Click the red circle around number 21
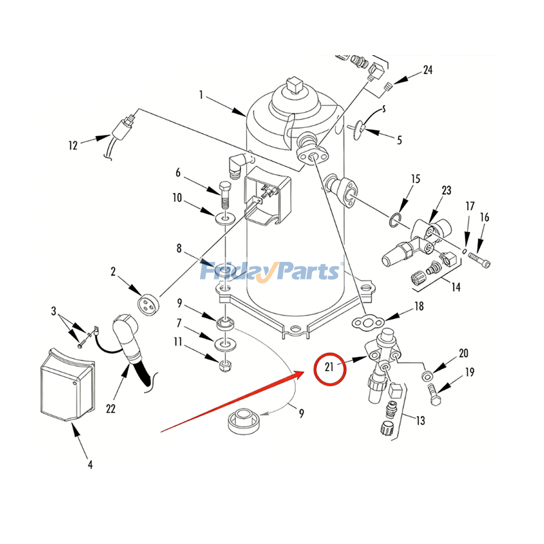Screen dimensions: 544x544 pos(329,369)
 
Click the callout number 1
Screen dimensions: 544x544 pos(201,95)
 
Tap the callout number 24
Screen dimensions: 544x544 pos(428,69)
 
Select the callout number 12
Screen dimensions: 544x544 pos(73,144)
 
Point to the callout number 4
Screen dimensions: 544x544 pos(90,465)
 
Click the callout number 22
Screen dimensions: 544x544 pos(110,409)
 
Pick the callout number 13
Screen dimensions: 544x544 pos(421,421)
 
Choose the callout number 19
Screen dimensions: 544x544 pos(470,372)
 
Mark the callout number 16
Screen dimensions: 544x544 pos(485,217)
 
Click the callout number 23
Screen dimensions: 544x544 pos(446,190)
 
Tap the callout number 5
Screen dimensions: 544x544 pos(399,141)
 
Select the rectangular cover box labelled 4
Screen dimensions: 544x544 pos(65,384)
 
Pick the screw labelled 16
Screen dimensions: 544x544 pos(479,259)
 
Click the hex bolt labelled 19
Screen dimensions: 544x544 pos(435,391)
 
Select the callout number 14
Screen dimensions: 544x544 pos(456,287)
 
